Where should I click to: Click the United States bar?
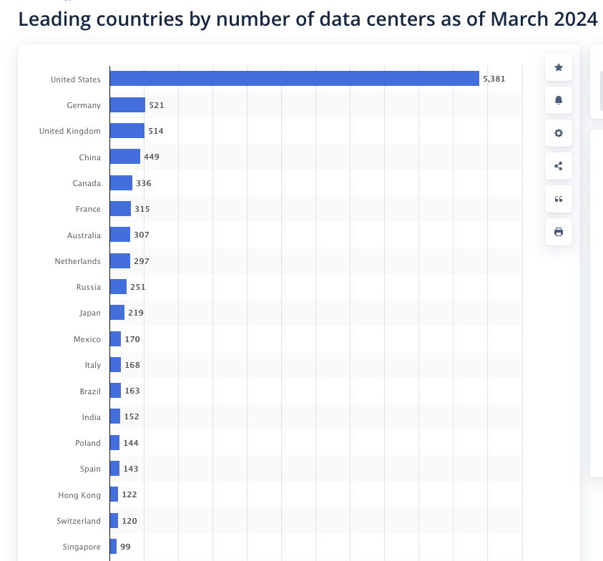[x=294, y=79]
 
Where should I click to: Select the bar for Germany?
[x=127, y=105]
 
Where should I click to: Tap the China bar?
[x=124, y=157]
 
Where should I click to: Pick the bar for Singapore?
[x=113, y=547]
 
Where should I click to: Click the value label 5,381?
[x=494, y=79]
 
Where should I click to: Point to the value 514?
[x=156, y=131]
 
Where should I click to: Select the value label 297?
[x=142, y=261]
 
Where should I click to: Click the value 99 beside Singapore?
[x=126, y=547]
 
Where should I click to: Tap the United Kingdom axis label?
[x=70, y=131]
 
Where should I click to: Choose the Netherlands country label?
[x=78, y=261]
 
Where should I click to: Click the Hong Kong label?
[x=79, y=494]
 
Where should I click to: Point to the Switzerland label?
[x=79, y=521]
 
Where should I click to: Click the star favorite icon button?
[x=559, y=67]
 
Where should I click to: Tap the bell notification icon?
[x=559, y=100]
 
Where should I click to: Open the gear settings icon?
[x=559, y=133]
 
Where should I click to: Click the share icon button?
[x=559, y=166]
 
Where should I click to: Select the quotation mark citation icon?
[x=559, y=199]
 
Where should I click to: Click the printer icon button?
[x=559, y=232]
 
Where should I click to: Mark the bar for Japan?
[x=117, y=313]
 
